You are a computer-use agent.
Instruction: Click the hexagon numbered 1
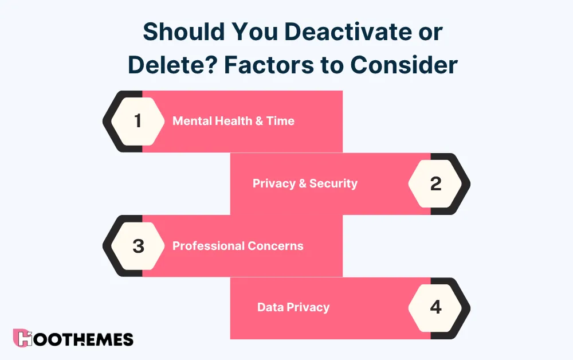click(x=138, y=121)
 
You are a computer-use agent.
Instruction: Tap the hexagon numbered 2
click(x=435, y=183)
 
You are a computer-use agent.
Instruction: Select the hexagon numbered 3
click(x=138, y=246)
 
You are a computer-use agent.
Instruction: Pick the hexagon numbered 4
click(x=435, y=308)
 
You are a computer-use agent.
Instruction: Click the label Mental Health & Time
click(x=233, y=121)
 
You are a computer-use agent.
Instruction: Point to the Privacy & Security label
click(x=305, y=183)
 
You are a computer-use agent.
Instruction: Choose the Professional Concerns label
click(x=238, y=246)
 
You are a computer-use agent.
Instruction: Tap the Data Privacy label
click(x=293, y=307)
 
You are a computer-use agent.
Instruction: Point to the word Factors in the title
click(x=267, y=65)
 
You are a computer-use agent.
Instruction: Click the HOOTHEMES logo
click(x=73, y=339)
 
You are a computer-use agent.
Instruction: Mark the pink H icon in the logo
click(x=22, y=339)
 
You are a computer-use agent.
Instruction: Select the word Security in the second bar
click(x=333, y=183)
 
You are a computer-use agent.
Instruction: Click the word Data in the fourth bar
click(x=270, y=307)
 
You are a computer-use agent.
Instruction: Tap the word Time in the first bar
click(x=280, y=121)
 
